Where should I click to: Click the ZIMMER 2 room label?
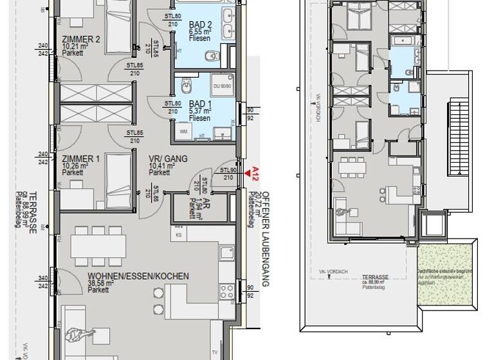[x=81, y=39]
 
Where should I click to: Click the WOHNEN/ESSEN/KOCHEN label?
[x=138, y=276]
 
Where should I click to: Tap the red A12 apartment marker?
[x=255, y=173]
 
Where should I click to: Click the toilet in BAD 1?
[x=186, y=84]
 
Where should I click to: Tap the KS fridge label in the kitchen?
[x=178, y=235]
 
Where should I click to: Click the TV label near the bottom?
[x=214, y=352]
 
